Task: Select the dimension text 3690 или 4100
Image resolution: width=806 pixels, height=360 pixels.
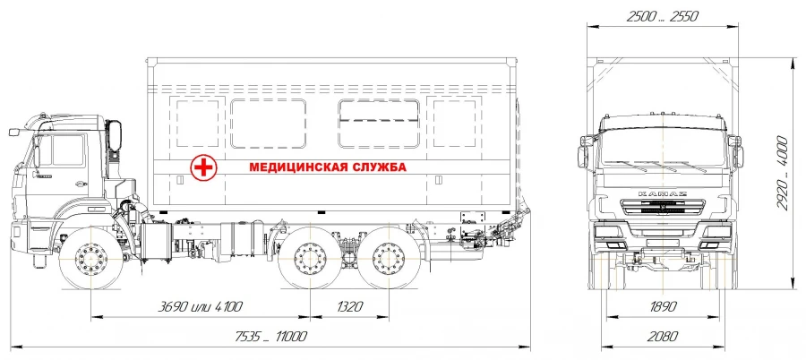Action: (201, 307)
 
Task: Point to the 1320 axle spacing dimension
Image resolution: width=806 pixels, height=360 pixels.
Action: (349, 307)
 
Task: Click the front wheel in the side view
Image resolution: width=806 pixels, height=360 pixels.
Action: (91, 259)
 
